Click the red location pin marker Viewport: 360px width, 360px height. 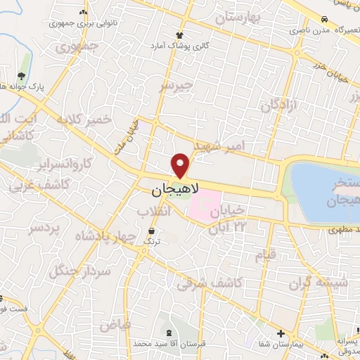(x=181, y=165)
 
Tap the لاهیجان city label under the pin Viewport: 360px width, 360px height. (x=176, y=189)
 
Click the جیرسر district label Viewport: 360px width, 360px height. (x=175, y=86)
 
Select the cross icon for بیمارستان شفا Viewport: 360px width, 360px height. (x=281, y=333)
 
